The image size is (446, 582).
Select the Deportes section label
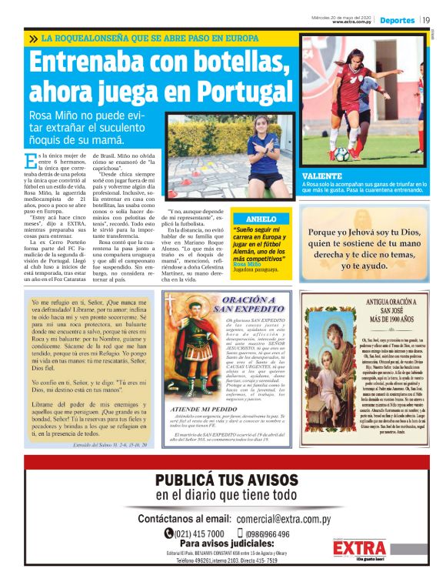397,20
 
